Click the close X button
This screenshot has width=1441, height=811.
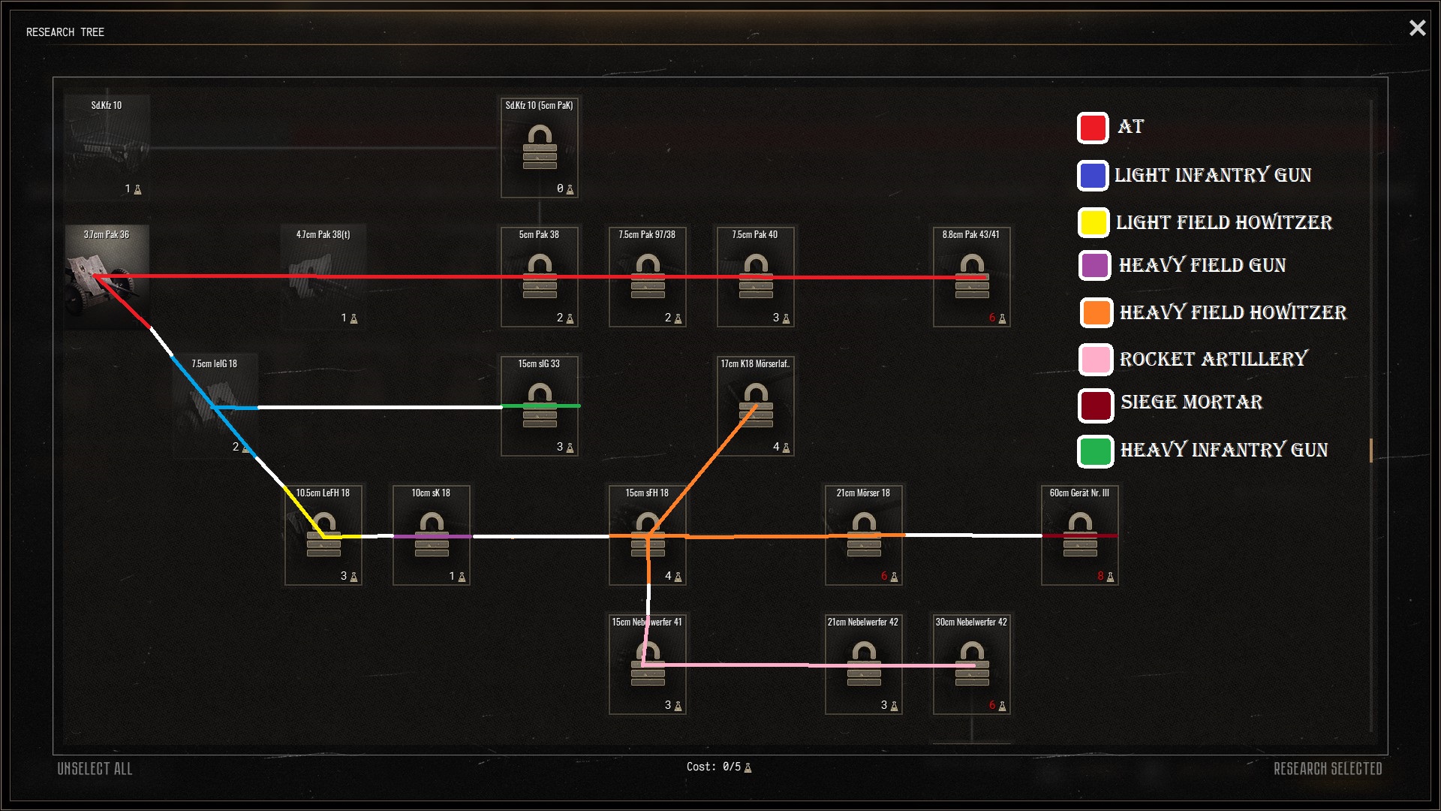coord(1417,28)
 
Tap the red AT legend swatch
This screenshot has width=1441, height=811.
coord(1093,128)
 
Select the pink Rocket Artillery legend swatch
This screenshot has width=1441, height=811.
coord(1095,360)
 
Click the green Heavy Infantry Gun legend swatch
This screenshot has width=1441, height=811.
coord(1095,451)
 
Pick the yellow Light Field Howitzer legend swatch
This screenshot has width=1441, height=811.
coord(1094,222)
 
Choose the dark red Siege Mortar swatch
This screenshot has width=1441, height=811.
coord(1095,405)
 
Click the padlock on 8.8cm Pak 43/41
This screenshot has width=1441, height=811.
coord(972,276)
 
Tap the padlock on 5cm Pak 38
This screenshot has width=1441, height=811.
coord(540,276)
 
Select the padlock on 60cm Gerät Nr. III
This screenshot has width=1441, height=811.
coord(1080,534)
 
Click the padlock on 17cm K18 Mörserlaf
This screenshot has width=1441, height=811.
coord(756,405)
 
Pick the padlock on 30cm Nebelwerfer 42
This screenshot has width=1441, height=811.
coord(972,663)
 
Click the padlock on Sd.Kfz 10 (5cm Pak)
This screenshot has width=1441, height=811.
coord(540,147)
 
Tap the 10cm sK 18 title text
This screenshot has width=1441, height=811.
coord(431,493)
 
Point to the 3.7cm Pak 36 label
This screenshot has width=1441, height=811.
coord(107,234)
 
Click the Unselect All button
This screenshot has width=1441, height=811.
coord(95,768)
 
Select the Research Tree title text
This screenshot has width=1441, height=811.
coord(65,32)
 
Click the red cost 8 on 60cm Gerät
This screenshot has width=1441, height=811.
coord(1100,576)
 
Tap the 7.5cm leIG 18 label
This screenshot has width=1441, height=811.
coord(214,363)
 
